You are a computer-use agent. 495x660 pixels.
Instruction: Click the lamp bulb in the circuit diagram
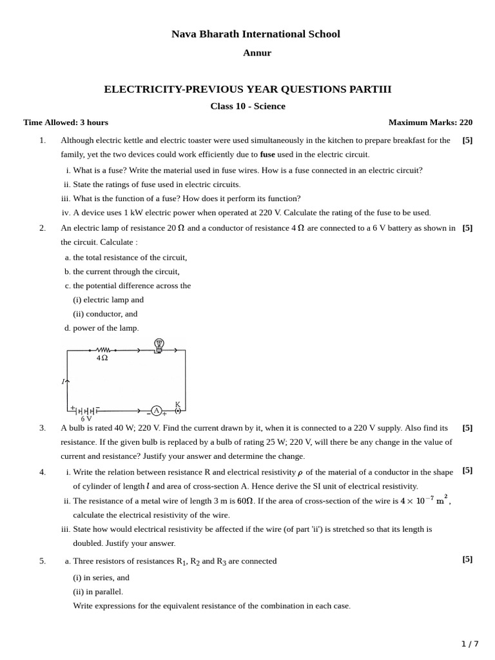(x=159, y=345)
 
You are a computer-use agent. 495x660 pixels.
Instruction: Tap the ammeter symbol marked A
(x=156, y=411)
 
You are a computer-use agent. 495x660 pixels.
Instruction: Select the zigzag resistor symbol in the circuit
(x=102, y=351)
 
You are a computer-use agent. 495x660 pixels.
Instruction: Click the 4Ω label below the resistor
(x=102, y=358)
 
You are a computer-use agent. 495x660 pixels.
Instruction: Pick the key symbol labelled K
(x=178, y=409)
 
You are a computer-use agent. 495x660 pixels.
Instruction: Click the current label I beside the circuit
(x=64, y=382)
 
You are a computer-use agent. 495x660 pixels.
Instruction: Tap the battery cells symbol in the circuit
(x=85, y=411)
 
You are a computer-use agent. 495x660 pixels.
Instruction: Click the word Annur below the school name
(x=257, y=53)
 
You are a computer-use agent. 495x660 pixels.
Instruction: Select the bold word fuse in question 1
(x=267, y=155)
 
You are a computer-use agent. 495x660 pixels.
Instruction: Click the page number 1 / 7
(x=470, y=644)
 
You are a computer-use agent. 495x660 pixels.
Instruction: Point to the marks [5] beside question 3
(x=467, y=427)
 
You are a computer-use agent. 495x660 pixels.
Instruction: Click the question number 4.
(x=43, y=472)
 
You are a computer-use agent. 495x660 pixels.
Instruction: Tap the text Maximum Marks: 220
(x=430, y=122)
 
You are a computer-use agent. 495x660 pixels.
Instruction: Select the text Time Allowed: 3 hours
(x=66, y=122)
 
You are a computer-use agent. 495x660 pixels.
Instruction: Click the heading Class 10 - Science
(x=247, y=106)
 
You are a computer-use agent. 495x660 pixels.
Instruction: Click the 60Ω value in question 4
(x=246, y=501)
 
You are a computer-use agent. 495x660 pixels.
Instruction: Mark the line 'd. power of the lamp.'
(x=102, y=328)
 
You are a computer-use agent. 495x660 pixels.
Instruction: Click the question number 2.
(x=43, y=228)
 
